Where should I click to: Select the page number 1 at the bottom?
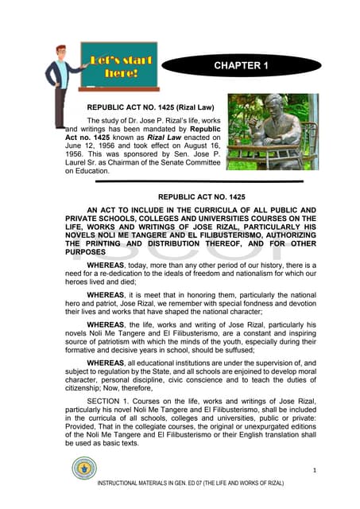[315, 471]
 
